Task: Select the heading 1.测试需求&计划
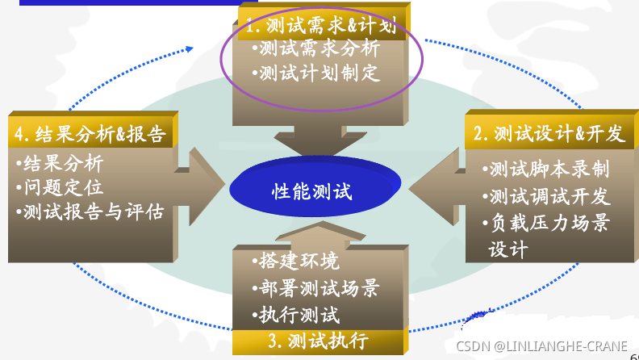[320, 27]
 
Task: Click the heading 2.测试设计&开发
[549, 133]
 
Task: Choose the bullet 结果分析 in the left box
[64, 164]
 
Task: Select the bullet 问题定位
[64, 188]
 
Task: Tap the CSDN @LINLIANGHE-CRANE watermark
[541, 346]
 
